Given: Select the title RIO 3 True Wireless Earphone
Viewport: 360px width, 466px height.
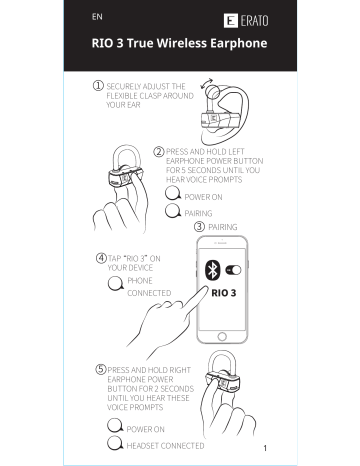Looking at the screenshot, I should tap(179, 44).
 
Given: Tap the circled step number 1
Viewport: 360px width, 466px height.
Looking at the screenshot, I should tap(96, 86).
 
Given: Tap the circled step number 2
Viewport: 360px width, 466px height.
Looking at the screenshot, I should tap(159, 151).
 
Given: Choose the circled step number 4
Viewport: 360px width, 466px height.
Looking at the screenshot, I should tap(101, 258).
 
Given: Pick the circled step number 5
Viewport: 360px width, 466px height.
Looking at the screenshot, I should tap(101, 369).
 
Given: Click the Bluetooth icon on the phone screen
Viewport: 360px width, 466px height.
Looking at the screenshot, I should tap(212, 269).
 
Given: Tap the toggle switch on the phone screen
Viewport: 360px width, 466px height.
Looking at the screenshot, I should tap(237, 269).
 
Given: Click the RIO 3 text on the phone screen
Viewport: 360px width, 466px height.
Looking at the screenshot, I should tap(225, 293).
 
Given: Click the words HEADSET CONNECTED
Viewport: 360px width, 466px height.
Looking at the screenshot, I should tap(166, 445).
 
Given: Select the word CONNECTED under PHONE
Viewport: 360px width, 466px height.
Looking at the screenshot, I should tap(150, 294).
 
